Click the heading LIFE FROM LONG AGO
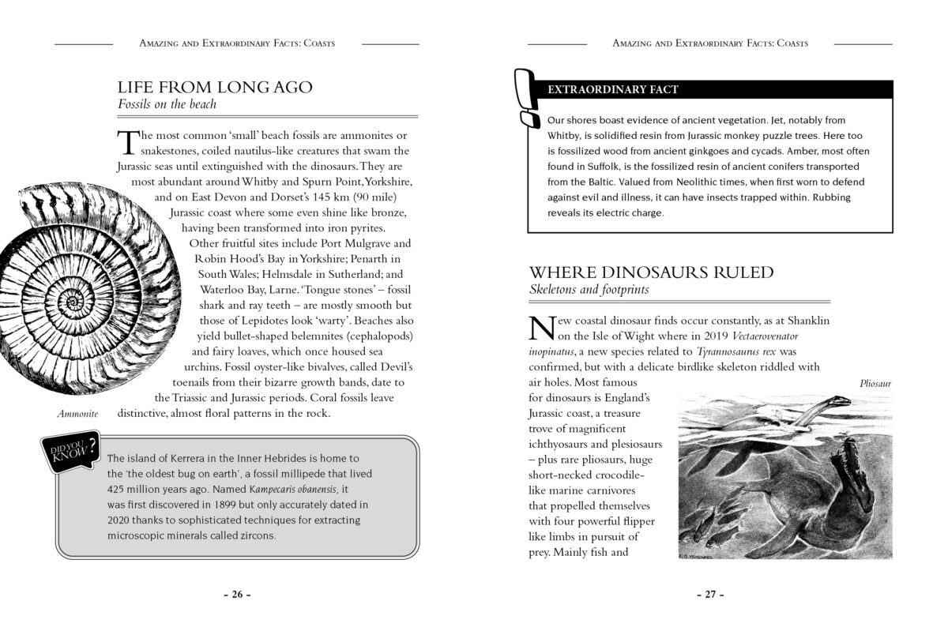click(215, 88)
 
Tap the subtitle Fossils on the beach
click(167, 104)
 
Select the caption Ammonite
click(77, 414)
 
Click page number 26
click(236, 595)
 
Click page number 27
click(710, 595)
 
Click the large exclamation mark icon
click(525, 98)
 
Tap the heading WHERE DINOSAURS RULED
click(651, 273)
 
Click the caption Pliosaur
click(875, 384)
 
